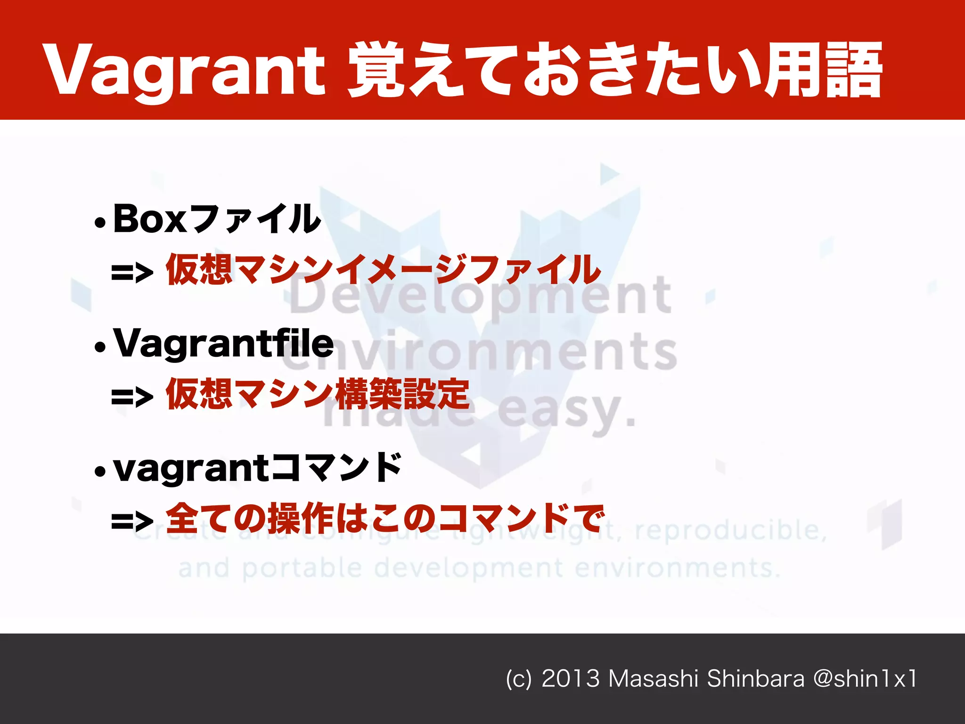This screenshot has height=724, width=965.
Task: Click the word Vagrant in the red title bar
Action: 184,71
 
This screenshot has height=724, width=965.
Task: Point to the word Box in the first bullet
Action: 151,219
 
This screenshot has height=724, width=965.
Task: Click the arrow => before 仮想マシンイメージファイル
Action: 132,272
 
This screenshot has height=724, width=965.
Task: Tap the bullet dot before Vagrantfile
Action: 100,347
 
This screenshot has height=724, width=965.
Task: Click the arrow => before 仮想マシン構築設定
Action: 132,397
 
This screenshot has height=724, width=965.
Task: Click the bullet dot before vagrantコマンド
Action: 100,471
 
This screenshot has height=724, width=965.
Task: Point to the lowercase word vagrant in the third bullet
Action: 191,469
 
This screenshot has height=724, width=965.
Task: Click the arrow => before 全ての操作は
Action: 132,521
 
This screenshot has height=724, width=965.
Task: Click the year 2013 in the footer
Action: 570,679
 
